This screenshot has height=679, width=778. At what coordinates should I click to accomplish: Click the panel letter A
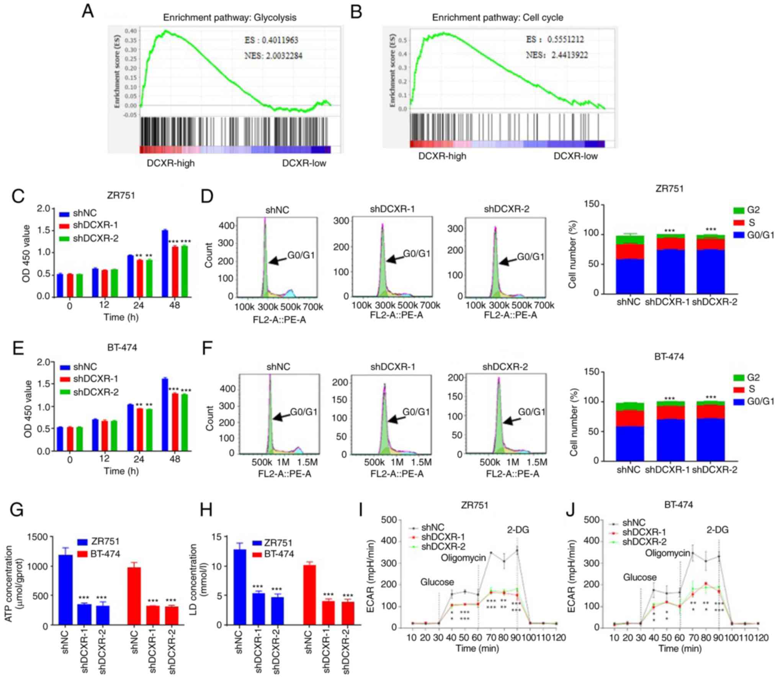[88, 11]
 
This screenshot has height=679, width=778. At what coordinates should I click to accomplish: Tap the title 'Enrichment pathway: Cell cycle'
[498, 18]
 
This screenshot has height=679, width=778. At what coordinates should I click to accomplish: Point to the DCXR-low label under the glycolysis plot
[304, 163]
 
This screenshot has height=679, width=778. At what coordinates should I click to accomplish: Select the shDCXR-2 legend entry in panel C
[95, 238]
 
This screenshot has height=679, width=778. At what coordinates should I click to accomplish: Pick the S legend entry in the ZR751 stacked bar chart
[751, 222]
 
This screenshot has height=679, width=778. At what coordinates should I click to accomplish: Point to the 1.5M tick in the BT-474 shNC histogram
[307, 462]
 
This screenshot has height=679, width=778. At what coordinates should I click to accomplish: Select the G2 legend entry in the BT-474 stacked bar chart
[753, 377]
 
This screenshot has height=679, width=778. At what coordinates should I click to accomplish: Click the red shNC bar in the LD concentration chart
[309, 594]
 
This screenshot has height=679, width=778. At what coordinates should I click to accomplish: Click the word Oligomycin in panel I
[463, 557]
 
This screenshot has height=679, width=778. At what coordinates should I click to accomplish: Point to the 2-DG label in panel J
[717, 530]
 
